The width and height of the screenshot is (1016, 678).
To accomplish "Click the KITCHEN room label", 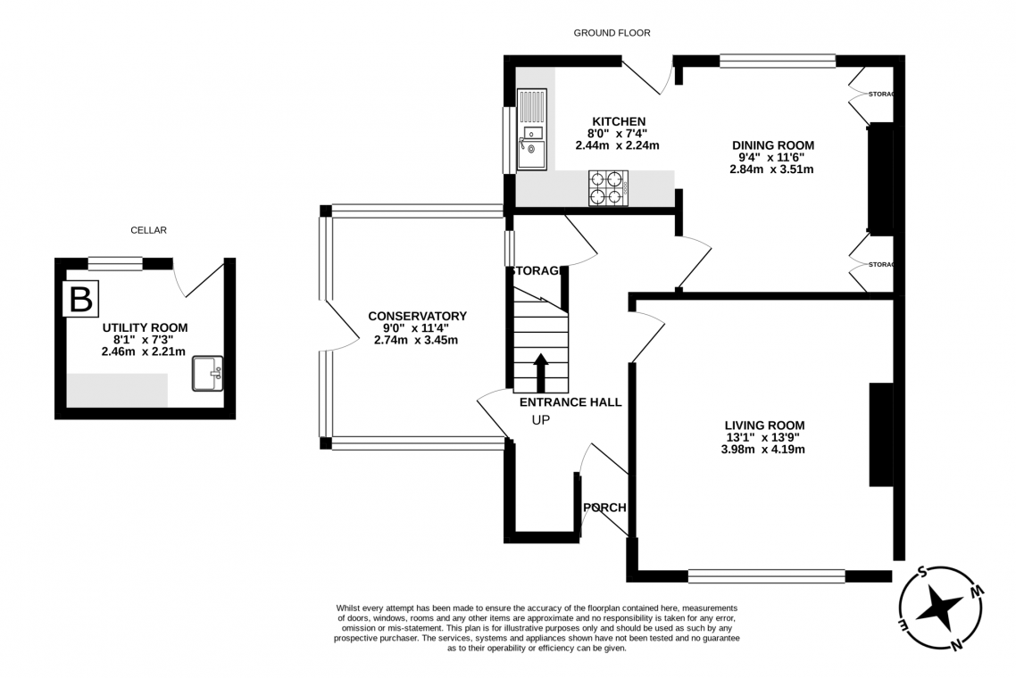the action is (x=619, y=121).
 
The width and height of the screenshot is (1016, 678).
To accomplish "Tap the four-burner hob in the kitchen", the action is (x=607, y=187).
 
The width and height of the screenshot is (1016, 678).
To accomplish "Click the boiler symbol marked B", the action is (x=80, y=299).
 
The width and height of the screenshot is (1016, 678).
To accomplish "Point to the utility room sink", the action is (x=209, y=375).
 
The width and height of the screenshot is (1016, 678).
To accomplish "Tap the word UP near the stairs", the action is (x=542, y=420).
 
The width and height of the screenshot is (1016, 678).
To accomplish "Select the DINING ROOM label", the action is (x=773, y=145).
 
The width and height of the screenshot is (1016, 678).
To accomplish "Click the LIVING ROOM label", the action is (x=764, y=426).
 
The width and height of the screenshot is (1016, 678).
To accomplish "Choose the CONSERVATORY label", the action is (x=418, y=316).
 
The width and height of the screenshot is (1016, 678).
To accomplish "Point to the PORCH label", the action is (x=604, y=508).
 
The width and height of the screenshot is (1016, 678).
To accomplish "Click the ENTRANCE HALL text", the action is (x=570, y=402).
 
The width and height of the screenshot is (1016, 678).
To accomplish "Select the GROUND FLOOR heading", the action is (x=612, y=33).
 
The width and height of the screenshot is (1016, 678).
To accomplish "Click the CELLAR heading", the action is (x=148, y=230).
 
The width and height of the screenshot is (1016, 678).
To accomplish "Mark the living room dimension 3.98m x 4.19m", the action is (x=763, y=450).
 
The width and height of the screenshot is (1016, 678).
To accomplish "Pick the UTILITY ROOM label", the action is (x=145, y=327).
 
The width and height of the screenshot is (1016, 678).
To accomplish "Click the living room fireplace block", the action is (x=881, y=435).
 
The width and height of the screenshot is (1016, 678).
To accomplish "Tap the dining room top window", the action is (x=777, y=61).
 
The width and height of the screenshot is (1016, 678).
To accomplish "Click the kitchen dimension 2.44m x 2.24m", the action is (x=618, y=145).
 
